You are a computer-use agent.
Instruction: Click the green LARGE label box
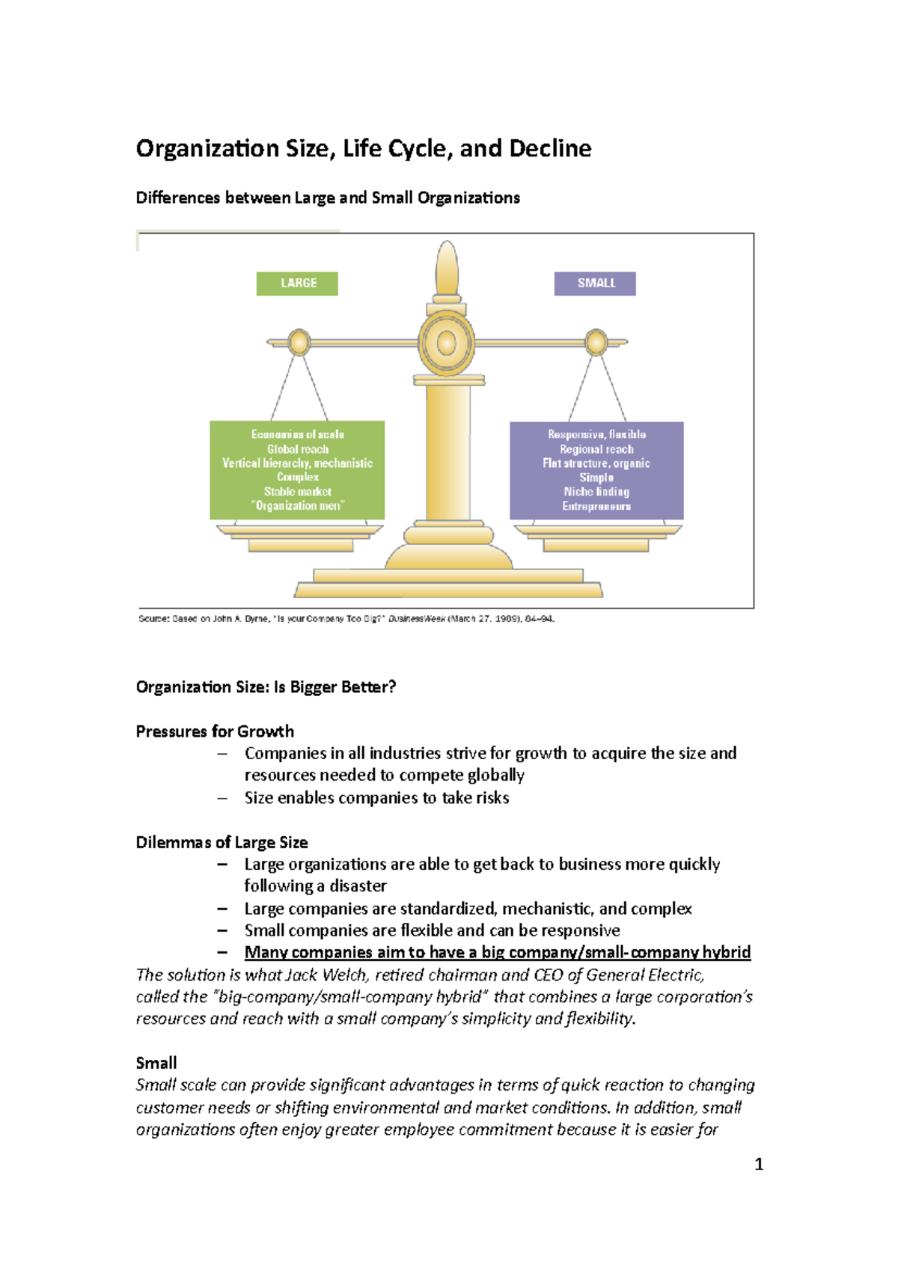(297, 284)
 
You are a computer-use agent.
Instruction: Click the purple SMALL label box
(595, 284)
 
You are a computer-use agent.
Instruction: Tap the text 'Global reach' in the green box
(298, 449)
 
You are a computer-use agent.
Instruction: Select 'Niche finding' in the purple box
(596, 492)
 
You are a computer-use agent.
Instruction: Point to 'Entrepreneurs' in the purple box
(596, 507)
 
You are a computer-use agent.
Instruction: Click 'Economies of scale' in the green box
(298, 434)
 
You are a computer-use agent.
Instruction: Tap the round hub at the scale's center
(447, 344)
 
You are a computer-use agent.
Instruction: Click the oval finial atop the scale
(447, 268)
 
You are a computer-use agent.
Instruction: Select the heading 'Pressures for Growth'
(215, 731)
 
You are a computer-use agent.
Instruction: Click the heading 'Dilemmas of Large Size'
(222, 843)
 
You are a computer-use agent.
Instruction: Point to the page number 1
(759, 1164)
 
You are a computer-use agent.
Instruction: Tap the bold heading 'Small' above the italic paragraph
(156, 1063)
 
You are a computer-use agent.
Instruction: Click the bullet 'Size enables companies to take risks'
(376, 798)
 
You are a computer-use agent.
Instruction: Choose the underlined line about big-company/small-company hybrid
(497, 952)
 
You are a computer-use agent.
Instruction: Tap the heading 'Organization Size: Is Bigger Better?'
(266, 687)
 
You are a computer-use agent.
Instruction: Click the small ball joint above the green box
(299, 342)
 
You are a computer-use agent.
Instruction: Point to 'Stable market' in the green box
(298, 492)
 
